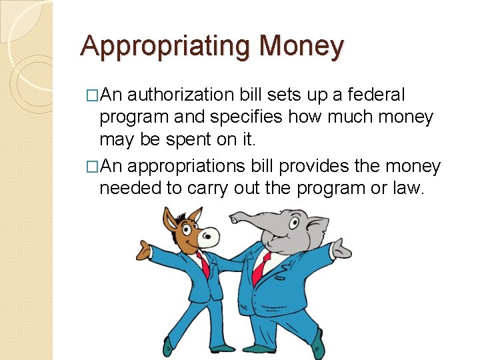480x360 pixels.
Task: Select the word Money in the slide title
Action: click(302, 46)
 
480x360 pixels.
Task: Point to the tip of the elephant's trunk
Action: click(234, 217)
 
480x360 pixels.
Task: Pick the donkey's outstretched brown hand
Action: click(143, 249)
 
